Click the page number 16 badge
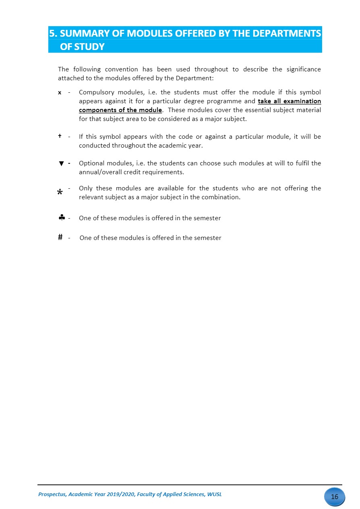(335, 496)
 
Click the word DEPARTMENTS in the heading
(286, 33)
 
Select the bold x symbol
(60, 93)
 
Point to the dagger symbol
(60, 136)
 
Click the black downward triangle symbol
(61, 163)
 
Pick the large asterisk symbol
(60, 193)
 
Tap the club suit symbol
(62, 218)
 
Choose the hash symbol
(60, 238)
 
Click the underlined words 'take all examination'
(289, 101)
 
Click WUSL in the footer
(214, 494)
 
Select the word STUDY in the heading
(89, 47)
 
